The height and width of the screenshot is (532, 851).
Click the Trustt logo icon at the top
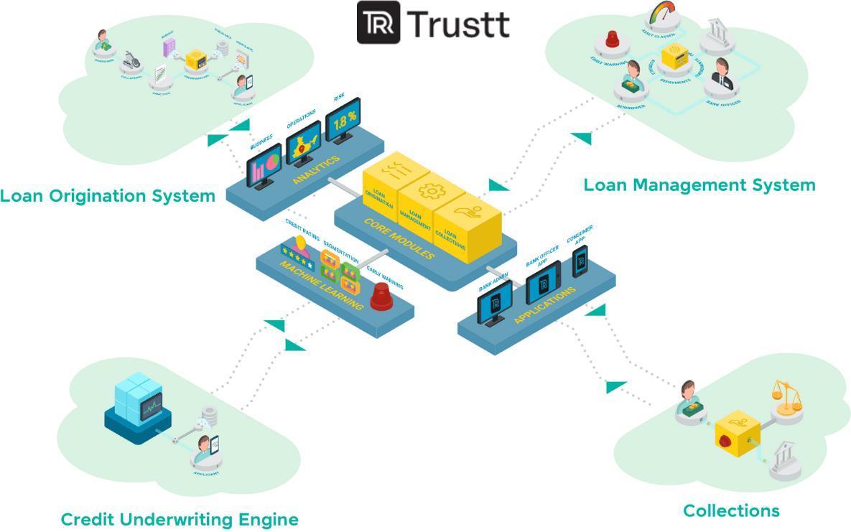point(378,23)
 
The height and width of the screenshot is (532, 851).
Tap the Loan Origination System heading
point(108,195)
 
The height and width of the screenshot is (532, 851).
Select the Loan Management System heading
point(699,185)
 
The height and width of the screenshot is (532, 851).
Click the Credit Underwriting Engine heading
point(179,519)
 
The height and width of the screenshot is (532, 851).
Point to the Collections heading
point(730,510)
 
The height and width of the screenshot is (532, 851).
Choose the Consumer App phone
point(580,261)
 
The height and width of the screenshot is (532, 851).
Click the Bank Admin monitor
point(495,302)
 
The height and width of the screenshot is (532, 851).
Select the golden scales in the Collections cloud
point(786,394)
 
